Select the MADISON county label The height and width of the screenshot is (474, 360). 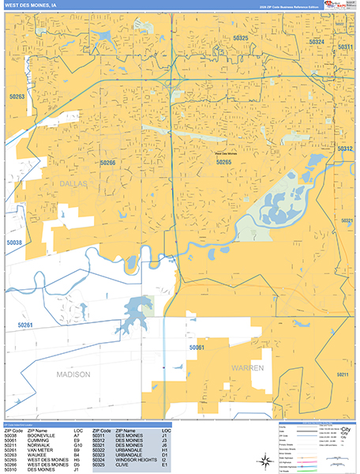coord(73,374)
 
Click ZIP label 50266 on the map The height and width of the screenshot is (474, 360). coord(107,163)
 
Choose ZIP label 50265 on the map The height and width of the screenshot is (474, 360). coord(223,162)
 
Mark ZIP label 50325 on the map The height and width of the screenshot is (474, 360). coord(240,38)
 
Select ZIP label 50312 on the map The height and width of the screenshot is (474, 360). coord(345,149)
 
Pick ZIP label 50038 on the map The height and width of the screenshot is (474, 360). coord(15,243)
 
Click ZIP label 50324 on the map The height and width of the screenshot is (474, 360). coord(317,41)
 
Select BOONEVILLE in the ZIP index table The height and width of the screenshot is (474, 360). coord(41,434)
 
